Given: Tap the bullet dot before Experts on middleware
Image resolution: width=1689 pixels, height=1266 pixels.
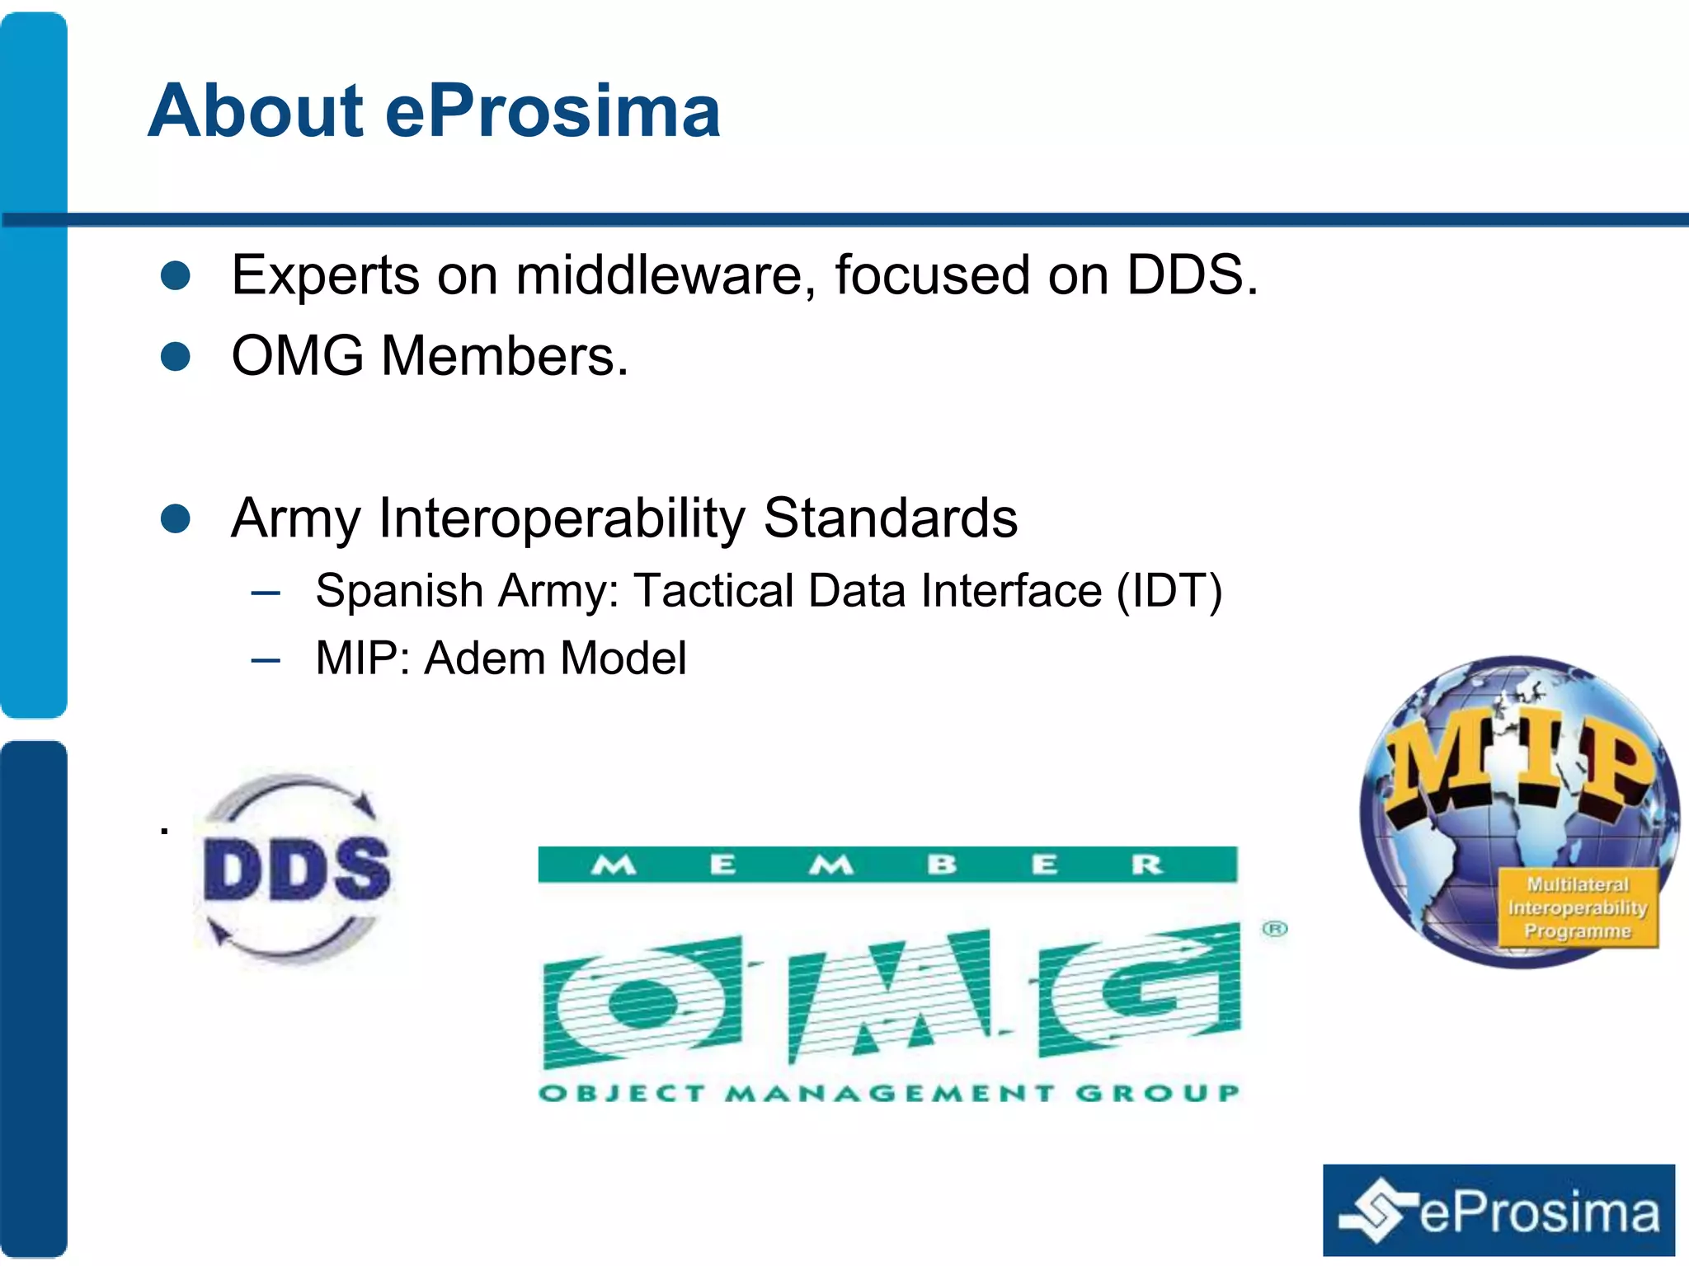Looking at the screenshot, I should click(176, 276).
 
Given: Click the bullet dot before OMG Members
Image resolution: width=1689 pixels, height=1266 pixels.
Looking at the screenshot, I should click(176, 357).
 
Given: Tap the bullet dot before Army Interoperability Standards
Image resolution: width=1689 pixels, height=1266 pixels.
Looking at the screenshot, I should click(176, 519).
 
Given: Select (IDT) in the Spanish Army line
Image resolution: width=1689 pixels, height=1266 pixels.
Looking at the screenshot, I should click(1169, 591).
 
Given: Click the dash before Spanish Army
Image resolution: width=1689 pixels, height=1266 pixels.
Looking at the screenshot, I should click(266, 593).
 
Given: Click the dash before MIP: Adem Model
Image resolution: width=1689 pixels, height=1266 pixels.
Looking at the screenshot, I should click(266, 660).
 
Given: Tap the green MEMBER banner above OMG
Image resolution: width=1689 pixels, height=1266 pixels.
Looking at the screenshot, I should click(887, 865).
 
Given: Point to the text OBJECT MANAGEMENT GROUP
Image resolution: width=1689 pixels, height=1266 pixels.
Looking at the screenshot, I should click(888, 1094).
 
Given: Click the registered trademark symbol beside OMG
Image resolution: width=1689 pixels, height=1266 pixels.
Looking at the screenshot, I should click(1274, 929).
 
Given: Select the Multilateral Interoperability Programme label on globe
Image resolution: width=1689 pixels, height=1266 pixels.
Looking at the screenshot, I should click(1577, 907).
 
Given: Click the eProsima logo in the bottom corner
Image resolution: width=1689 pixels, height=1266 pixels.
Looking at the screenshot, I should click(1498, 1211).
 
